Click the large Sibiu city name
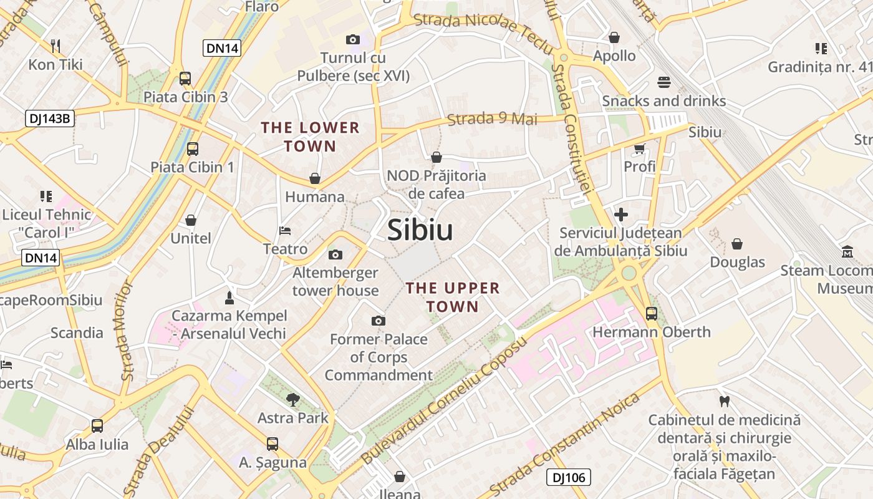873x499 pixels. point(420,230)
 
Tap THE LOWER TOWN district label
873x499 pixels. point(310,137)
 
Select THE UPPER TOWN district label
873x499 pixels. point(453,297)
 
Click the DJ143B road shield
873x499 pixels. point(51,119)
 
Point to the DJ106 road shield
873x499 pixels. point(568,478)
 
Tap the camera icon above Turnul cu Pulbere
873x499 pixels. point(353,40)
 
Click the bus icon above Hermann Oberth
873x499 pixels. point(652,313)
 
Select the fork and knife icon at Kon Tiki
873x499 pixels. point(55,46)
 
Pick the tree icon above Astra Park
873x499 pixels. point(292,399)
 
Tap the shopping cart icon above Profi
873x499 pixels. point(639,148)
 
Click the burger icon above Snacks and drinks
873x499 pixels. point(663,82)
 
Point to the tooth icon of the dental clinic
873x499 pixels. point(724,401)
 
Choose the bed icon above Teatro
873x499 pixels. point(285,231)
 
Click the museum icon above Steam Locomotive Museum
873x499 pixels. point(847,252)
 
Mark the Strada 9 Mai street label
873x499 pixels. point(492,119)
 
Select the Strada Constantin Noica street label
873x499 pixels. point(566,443)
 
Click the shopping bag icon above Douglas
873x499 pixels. point(737,243)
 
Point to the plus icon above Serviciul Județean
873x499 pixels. point(621,215)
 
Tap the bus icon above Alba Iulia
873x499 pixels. point(97,426)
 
